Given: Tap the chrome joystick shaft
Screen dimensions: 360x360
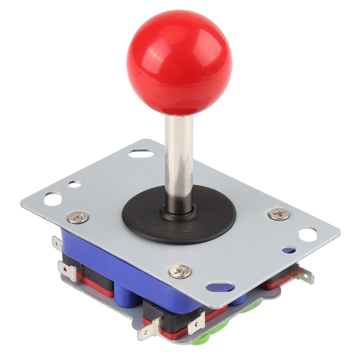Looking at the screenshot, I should coord(179,158).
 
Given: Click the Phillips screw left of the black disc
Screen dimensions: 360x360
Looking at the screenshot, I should coord(78,217).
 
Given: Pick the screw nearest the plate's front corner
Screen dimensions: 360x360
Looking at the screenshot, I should coord(180,271).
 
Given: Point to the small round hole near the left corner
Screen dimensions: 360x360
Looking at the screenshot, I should coord(74,184).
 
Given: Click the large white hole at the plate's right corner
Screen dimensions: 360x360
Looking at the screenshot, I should coord(308,234).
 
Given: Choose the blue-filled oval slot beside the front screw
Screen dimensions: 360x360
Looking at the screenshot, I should coord(220,287).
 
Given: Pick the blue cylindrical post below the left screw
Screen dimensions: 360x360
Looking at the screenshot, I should coord(124,295).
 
